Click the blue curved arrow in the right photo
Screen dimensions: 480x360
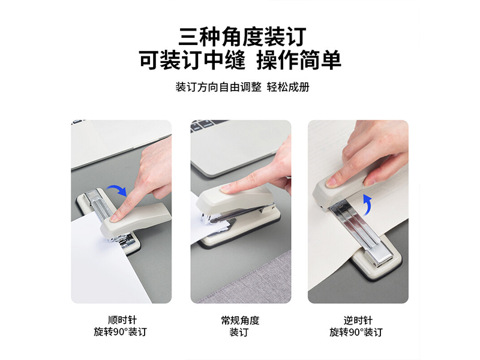pyautogui.click(x=367, y=202)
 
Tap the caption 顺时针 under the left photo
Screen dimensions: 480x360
pyautogui.click(x=122, y=320)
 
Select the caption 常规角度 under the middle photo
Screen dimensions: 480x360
pyautogui.click(x=241, y=320)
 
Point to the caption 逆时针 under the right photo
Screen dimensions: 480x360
pyautogui.click(x=358, y=320)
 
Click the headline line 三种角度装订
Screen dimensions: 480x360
pyautogui.click(x=242, y=37)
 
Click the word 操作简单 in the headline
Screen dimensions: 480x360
pyautogui.click(x=299, y=60)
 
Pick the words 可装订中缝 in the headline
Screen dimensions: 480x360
pyautogui.click(x=192, y=60)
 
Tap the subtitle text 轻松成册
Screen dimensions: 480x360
pyautogui.click(x=288, y=87)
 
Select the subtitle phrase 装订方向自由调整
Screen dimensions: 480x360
pyautogui.click(x=218, y=87)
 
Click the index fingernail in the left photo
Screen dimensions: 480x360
pyautogui.click(x=115, y=218)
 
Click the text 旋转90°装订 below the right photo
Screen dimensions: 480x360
pyautogui.click(x=356, y=332)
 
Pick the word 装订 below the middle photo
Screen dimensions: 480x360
pyautogui.click(x=239, y=332)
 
